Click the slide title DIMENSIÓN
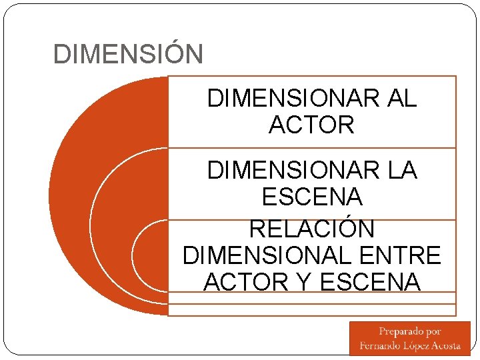point(127,54)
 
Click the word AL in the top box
point(400,99)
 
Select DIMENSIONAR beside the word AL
point(293,99)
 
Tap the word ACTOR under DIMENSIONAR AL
point(311,125)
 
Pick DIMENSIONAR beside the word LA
point(293,171)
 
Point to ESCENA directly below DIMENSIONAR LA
point(311,197)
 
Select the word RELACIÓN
point(311,229)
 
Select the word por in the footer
point(433,331)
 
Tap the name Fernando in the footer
point(379,345)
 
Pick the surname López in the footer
point(416,345)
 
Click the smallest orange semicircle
point(151,255)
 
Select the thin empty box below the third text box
point(311,310)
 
